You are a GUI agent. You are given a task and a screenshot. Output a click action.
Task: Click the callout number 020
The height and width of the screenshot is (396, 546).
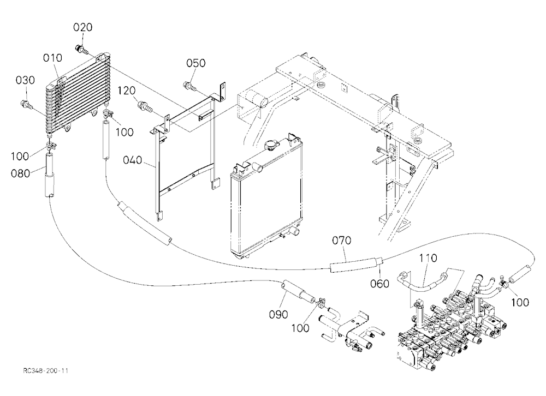point(83,27)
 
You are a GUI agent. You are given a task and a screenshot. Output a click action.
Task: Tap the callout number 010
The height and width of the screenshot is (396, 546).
point(52,58)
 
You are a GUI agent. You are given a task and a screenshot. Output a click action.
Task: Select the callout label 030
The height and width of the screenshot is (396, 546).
point(26,80)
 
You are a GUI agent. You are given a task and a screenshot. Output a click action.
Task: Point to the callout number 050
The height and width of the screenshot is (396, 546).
point(195,63)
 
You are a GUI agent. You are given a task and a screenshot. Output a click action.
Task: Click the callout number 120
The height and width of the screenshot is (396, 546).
point(126,91)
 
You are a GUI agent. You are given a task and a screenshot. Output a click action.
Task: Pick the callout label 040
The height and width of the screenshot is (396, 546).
point(132,160)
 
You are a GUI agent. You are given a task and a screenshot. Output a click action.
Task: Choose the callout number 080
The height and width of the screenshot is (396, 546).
point(21,173)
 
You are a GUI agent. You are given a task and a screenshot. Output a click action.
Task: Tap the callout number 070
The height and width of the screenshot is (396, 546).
point(341,241)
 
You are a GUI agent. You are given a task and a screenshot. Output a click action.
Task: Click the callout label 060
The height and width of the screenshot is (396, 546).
point(379,284)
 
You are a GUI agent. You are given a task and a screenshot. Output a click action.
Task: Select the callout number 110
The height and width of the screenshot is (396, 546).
point(428,258)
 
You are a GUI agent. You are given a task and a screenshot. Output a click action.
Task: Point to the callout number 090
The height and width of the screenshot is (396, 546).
point(278,315)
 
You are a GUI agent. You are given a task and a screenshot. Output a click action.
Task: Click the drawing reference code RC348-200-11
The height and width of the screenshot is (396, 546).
point(46,370)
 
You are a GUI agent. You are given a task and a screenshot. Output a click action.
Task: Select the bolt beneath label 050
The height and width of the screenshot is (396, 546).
point(189,85)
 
